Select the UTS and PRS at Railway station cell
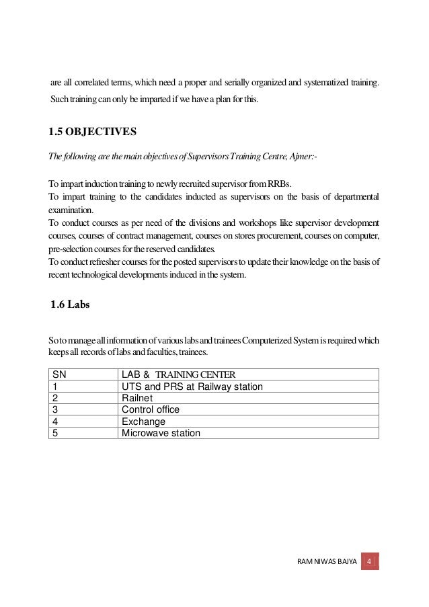coord(192,385)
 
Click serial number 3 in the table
coord(54,409)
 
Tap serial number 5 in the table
coord(54,433)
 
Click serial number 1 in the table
coord(54,385)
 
